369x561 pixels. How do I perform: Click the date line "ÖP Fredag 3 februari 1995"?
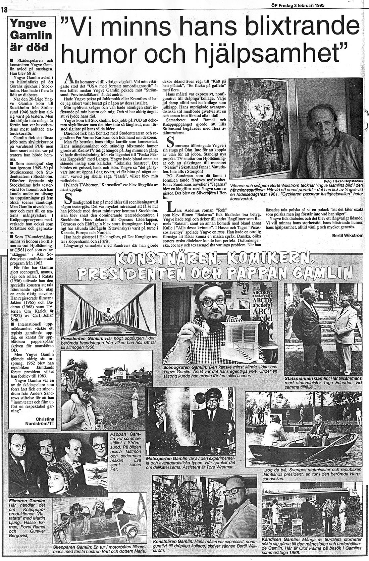[301, 5]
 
